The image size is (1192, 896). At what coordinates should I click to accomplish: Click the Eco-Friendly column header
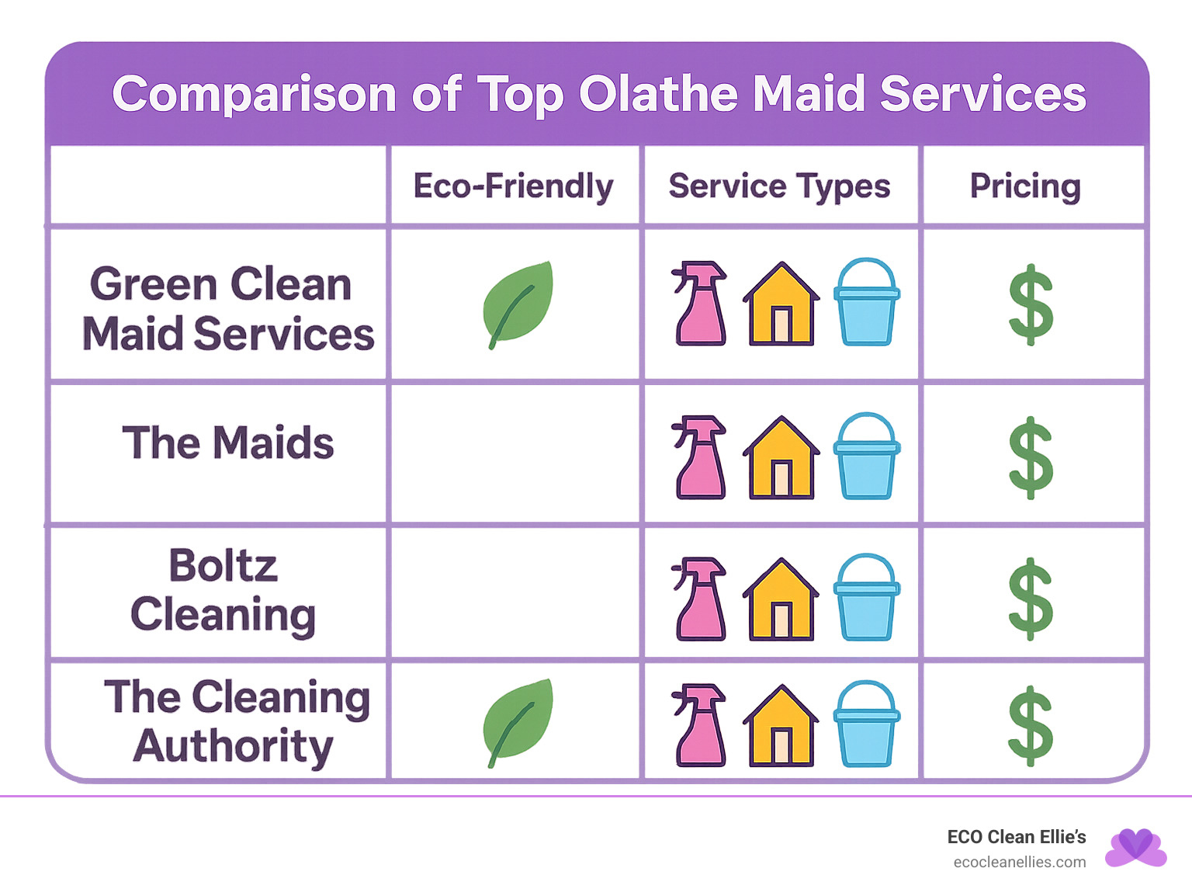pyautogui.click(x=513, y=186)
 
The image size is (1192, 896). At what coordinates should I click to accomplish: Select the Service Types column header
pyautogui.click(x=779, y=186)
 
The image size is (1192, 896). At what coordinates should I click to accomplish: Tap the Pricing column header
pyautogui.click(x=1025, y=186)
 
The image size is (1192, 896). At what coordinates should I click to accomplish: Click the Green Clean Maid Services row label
pyautogui.click(x=227, y=308)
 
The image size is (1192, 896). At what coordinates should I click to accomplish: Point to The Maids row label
pyautogui.click(x=227, y=443)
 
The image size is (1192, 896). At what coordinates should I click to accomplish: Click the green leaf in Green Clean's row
pyautogui.click(x=518, y=303)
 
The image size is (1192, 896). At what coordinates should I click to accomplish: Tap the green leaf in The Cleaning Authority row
pyautogui.click(x=518, y=721)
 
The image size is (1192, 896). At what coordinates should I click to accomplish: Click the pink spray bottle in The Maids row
pyautogui.click(x=700, y=457)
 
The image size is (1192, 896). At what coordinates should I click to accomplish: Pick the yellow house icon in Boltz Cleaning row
pyautogui.click(x=781, y=599)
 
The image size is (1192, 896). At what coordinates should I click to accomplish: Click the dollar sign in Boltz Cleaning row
pyautogui.click(x=1031, y=599)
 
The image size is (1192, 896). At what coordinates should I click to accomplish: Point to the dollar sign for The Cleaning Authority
pyautogui.click(x=1031, y=726)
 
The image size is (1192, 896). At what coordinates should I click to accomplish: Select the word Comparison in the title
pyautogui.click(x=255, y=94)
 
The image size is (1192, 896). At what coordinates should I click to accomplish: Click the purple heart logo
pyautogui.click(x=1135, y=848)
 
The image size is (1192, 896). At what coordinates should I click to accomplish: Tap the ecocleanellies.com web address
pyautogui.click(x=1019, y=863)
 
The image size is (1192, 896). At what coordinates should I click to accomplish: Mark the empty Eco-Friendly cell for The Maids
pyautogui.click(x=515, y=454)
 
